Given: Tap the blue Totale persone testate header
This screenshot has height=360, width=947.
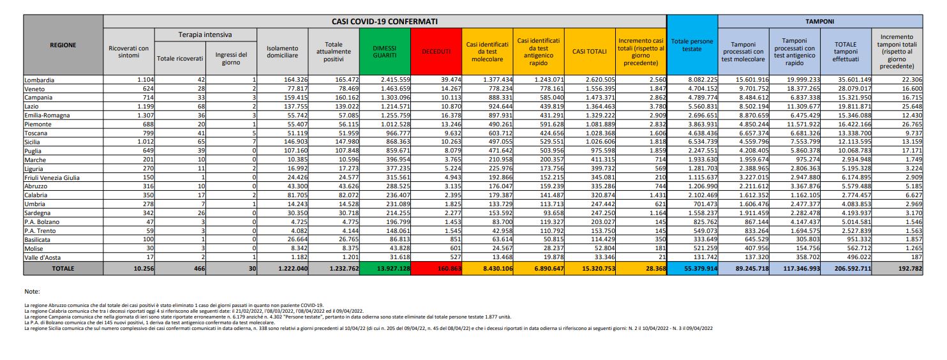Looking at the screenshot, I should (692, 45).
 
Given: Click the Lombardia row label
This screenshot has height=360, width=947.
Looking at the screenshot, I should (39, 80).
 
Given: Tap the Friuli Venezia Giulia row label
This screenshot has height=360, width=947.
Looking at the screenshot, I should (52, 177).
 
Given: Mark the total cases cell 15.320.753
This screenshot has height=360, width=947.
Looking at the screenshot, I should (593, 269).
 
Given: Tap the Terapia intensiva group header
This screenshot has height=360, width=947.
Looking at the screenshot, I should (205, 34).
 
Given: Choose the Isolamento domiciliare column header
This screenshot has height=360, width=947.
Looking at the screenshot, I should (282, 52).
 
